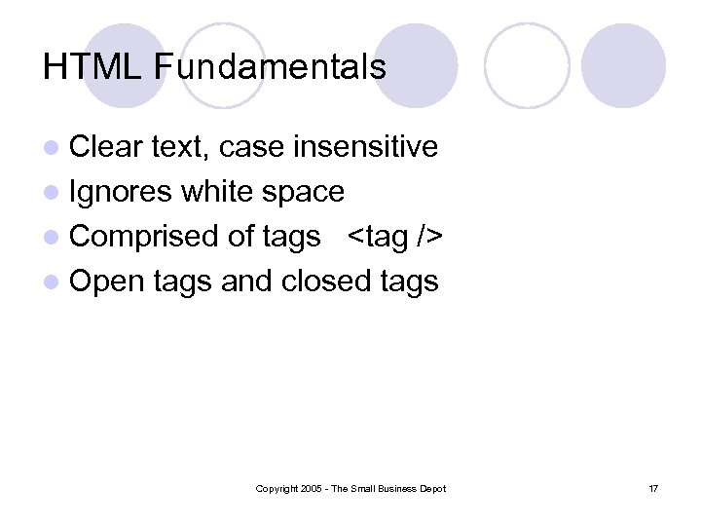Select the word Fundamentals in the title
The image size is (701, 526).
[270, 67]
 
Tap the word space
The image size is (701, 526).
[306, 192]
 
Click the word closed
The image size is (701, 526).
[325, 282]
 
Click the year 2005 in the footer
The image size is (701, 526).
[311, 488]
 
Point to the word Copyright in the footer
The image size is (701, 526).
[276, 488]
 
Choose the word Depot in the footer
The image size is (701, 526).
[432, 488]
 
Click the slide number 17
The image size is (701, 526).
[652, 488]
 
